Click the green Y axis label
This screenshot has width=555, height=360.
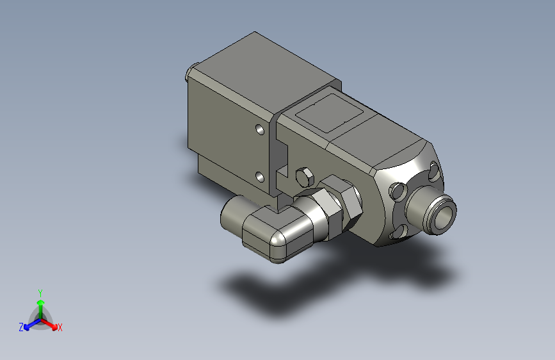click(40, 293)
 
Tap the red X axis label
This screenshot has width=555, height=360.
click(60, 327)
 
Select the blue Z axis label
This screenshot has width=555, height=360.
click(21, 327)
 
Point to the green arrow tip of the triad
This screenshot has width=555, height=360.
click(41, 302)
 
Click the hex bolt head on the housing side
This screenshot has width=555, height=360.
click(305, 177)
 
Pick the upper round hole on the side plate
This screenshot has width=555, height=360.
click(260, 129)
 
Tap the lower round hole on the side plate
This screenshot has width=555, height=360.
click(260, 177)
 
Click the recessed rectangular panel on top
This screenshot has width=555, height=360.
click(330, 113)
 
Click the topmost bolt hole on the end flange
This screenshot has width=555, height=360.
click(434, 171)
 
